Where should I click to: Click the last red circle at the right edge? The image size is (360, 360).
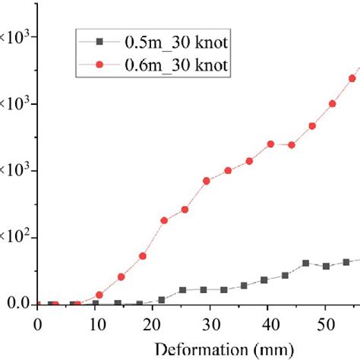(x=353, y=77)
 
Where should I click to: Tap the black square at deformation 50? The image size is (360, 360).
(x=326, y=267)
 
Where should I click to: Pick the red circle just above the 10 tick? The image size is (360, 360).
(x=99, y=295)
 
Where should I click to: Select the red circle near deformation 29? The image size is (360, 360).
(x=207, y=181)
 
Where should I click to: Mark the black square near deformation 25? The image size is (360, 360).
(x=183, y=290)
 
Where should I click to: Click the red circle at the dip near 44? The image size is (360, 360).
(x=292, y=145)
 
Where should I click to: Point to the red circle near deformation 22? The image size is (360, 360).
(x=164, y=220)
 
